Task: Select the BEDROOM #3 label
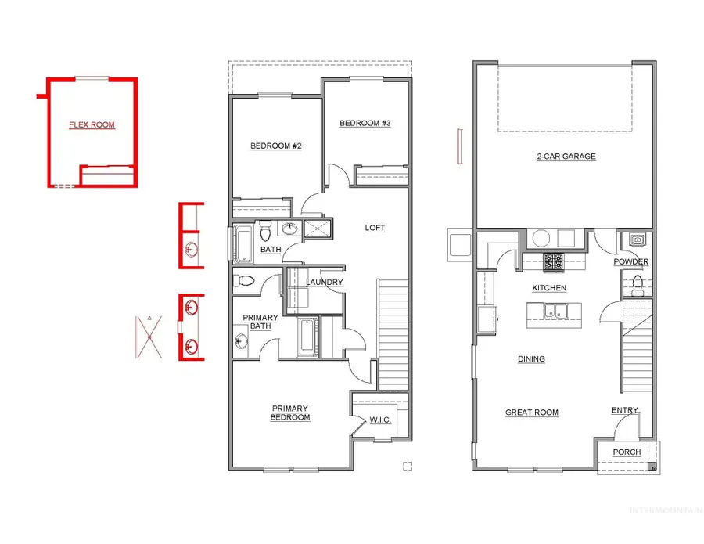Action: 365,124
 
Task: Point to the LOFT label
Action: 375,228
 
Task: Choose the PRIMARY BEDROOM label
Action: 290,413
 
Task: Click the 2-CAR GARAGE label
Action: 566,157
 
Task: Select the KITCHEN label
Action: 549,288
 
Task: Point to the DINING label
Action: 531,359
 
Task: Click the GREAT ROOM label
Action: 532,413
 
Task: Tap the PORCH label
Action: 627,452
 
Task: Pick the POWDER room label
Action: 630,261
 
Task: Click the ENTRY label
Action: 625,410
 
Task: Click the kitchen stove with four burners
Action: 554,262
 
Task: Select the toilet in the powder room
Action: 636,283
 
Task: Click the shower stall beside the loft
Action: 318,229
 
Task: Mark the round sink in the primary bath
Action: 242,340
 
